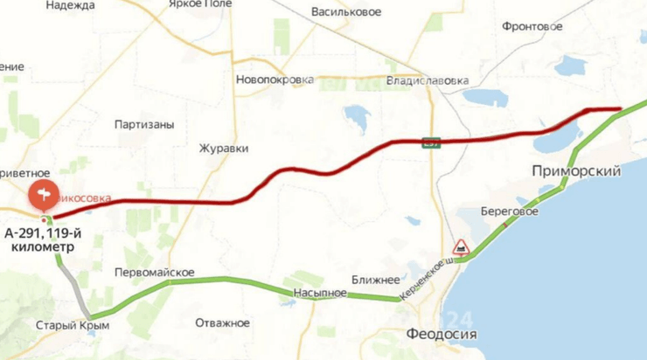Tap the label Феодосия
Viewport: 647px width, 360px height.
(442, 334)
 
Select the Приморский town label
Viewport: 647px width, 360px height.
(576, 171)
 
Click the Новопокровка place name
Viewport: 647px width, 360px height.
(275, 80)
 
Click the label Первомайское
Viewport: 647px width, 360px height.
(155, 272)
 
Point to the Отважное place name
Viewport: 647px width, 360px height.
(222, 323)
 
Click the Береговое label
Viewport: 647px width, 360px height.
(510, 211)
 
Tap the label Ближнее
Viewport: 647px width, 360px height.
(375, 280)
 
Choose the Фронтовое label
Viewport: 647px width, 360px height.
(532, 26)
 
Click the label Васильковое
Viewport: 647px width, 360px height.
(346, 12)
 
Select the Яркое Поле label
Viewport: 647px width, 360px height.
(192, 3)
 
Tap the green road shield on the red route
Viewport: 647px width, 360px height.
(430, 142)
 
